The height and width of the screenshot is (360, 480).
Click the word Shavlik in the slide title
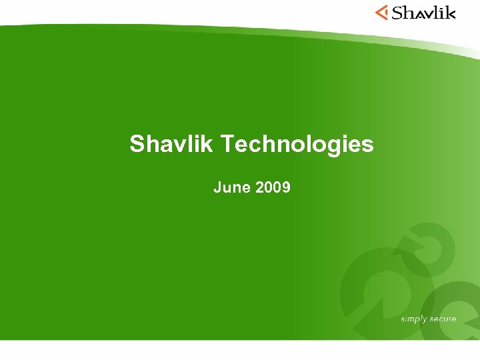click(x=171, y=144)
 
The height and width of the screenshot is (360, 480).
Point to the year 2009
click(x=273, y=188)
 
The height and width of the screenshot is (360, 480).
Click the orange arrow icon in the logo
click(x=381, y=12)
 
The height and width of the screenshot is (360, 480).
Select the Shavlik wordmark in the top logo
click(x=423, y=12)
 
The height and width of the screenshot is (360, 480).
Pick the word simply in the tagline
click(x=413, y=319)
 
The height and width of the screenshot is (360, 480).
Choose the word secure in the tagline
click(x=443, y=319)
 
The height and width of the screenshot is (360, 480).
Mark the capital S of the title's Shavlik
click(x=137, y=144)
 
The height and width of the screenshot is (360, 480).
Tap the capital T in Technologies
click(x=227, y=144)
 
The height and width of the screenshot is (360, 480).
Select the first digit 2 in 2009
click(x=259, y=188)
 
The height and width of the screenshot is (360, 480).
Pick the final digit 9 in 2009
click(x=287, y=188)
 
